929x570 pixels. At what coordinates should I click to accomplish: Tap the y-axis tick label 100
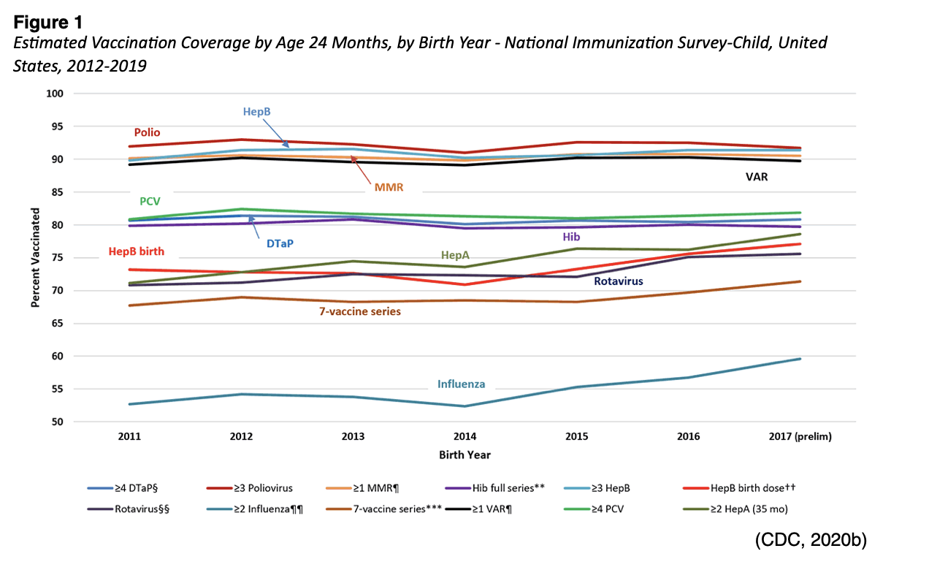pyautogui.click(x=57, y=94)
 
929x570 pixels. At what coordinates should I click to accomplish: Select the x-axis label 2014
pyautogui.click(x=464, y=437)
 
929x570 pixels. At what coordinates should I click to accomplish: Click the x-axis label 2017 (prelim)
pyautogui.click(x=800, y=437)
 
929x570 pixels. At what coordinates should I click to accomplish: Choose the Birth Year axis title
pyautogui.click(x=464, y=455)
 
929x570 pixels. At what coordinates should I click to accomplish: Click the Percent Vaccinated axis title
pyautogui.click(x=34, y=257)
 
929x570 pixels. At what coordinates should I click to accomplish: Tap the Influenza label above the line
pyautogui.click(x=461, y=384)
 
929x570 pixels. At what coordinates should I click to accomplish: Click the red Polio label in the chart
pyautogui.click(x=147, y=133)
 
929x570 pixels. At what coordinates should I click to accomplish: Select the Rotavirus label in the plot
pyautogui.click(x=622, y=281)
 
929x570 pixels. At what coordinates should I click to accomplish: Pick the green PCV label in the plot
pyautogui.click(x=150, y=201)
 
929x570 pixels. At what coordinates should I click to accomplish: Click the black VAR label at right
pyautogui.click(x=755, y=177)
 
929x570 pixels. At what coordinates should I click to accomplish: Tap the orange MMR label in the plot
pyautogui.click(x=389, y=187)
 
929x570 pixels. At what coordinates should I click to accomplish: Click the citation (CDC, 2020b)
pyautogui.click(x=811, y=540)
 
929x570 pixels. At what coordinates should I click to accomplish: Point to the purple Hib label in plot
pyautogui.click(x=571, y=237)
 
